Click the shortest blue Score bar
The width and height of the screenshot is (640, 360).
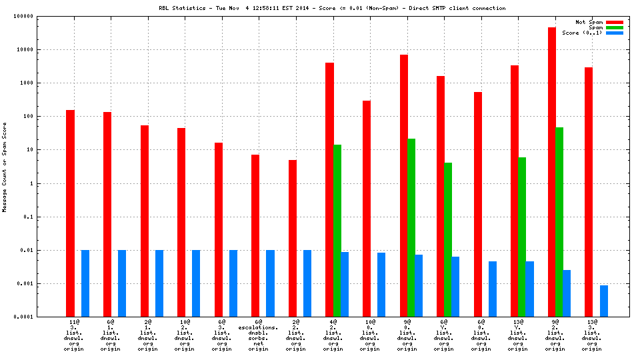(604, 301)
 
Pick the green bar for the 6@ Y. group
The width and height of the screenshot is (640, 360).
(448, 239)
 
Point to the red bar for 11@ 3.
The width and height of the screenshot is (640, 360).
(71, 213)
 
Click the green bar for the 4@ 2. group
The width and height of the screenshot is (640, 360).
(337, 230)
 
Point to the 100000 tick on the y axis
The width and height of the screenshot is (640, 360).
(42, 16)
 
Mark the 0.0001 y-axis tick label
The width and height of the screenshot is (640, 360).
(42, 317)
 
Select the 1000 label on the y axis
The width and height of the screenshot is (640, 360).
(45, 83)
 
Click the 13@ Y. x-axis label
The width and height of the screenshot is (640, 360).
(517, 325)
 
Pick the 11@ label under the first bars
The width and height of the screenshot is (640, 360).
(75, 323)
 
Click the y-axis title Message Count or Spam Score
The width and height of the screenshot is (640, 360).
(4, 167)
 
